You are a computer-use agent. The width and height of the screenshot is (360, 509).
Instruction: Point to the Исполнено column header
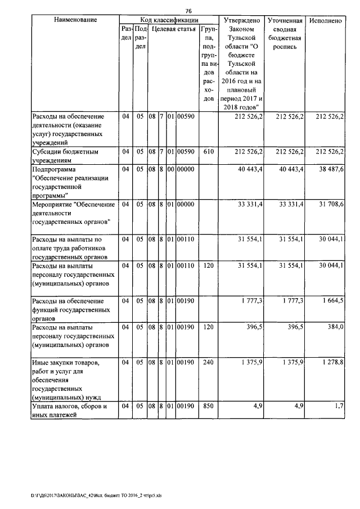click(x=326, y=20)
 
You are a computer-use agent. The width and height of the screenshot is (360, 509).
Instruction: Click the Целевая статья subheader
click(x=174, y=29)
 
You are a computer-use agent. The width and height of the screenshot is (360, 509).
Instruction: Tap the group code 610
click(x=208, y=151)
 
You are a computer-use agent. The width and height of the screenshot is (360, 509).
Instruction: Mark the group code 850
click(x=208, y=406)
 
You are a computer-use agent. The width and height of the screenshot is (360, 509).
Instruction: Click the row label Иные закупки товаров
click(x=66, y=363)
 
